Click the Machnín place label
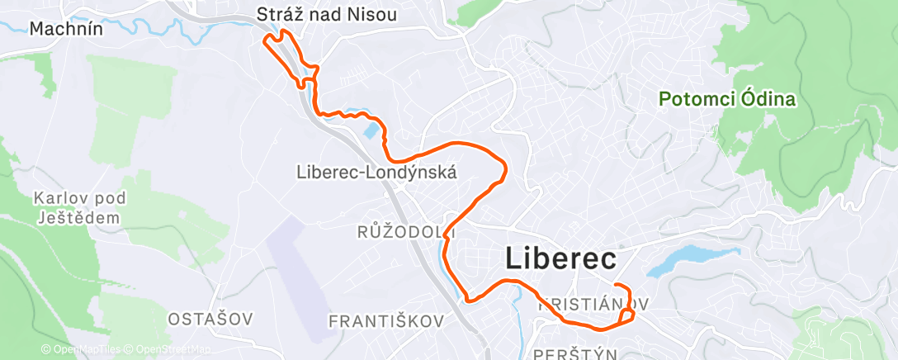click(65, 28)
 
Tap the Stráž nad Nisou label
click(327, 14)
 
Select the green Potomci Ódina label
click(726, 100)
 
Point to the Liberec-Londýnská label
click(376, 172)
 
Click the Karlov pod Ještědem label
click(78, 208)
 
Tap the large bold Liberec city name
click(560, 258)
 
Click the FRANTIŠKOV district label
click(386, 320)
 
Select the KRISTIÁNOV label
click(591, 304)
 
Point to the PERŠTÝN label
click(575, 353)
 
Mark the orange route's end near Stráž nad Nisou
click(264, 38)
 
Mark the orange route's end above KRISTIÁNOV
click(617, 286)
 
